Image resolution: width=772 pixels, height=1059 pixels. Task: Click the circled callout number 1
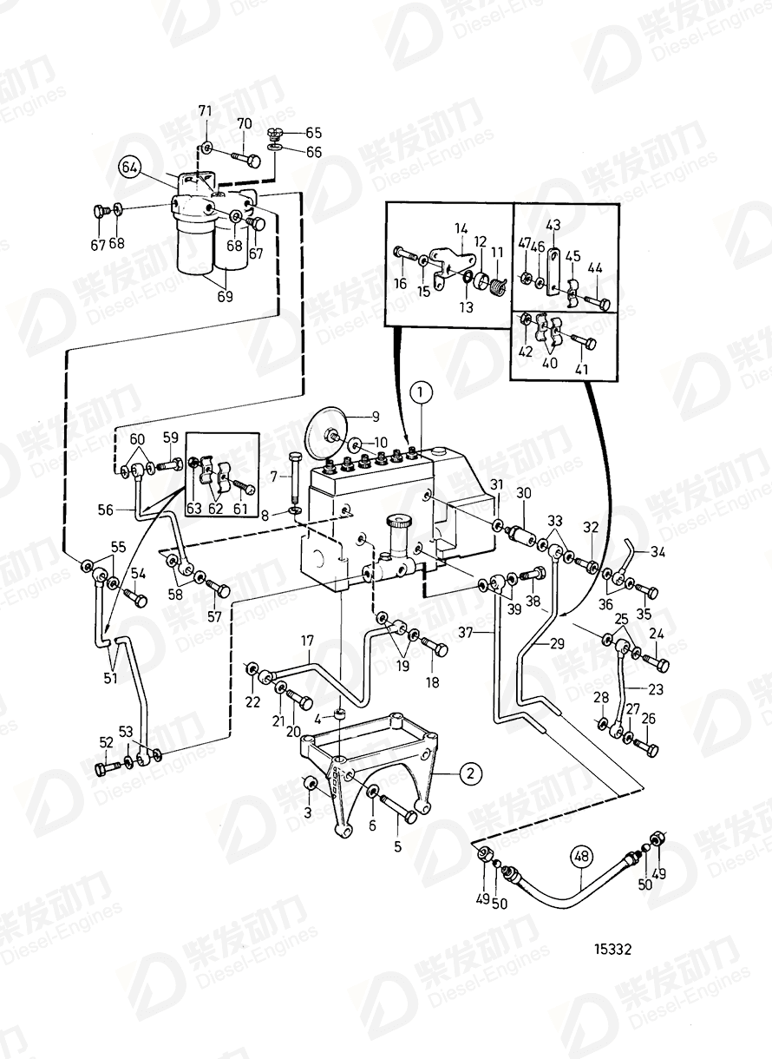pyautogui.click(x=421, y=393)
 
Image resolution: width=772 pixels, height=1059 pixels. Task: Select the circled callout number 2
pyautogui.click(x=469, y=772)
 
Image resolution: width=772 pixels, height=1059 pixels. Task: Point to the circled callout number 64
pyautogui.click(x=129, y=167)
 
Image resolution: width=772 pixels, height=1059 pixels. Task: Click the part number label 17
pyautogui.click(x=307, y=642)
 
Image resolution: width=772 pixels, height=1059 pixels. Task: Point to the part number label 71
pyautogui.click(x=205, y=110)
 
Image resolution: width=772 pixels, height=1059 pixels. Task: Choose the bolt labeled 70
pyautogui.click(x=246, y=159)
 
